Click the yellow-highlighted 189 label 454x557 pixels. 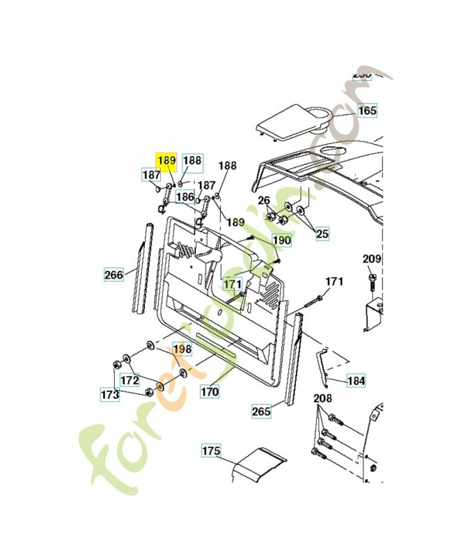[166, 161]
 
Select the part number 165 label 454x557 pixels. [367, 111]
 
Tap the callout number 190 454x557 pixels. [281, 241]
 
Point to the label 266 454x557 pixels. [113, 274]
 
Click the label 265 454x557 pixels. [261, 411]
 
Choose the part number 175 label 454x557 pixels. [211, 451]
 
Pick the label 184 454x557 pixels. [356, 381]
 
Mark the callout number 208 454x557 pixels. [322, 399]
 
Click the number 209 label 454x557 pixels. [372, 260]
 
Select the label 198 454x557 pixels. [182, 348]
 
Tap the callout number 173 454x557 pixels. [109, 395]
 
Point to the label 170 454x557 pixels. [210, 392]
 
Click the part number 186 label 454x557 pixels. [185, 197]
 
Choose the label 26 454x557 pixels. [264, 201]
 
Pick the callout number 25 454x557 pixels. [322, 234]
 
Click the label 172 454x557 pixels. [130, 380]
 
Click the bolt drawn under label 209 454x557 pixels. [371, 283]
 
